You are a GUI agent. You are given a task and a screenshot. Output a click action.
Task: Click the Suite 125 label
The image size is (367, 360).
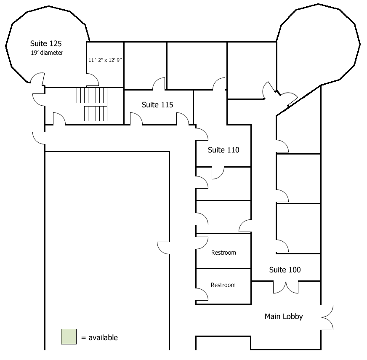coord(46,43)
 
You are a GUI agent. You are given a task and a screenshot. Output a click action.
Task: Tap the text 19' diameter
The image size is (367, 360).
coord(47,53)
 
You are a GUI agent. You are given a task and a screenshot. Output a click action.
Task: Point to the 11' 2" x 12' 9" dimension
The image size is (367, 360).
coord(105,60)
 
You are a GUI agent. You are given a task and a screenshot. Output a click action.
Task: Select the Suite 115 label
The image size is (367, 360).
coord(157,105)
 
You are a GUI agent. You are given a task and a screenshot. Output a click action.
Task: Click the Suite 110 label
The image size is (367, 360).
coord(223,150)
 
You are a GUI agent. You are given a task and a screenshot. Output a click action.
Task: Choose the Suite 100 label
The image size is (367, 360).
coord(285,270)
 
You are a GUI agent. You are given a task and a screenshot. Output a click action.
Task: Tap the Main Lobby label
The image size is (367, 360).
coord(284,317)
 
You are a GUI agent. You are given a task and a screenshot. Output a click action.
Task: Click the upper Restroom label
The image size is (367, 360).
coord(223,253)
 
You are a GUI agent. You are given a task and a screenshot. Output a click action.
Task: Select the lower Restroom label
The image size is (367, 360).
coord(223,285)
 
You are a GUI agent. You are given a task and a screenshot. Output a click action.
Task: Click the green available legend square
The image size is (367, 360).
coord(69,336)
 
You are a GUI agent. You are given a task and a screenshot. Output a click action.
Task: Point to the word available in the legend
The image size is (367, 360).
coord(103,338)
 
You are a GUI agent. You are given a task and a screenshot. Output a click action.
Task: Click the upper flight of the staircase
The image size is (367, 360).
coord(90,95)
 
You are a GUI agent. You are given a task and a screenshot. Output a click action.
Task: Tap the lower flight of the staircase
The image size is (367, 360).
coord(96,114)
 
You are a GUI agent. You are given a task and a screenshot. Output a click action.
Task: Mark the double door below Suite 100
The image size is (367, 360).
coord(286,288)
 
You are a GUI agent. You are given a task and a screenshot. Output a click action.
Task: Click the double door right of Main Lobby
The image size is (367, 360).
coord(327,317)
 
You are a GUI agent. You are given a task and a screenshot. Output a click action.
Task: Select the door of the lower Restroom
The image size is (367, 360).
coord(202,294)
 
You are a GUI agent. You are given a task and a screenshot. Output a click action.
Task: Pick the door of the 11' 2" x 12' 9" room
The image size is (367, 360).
coord(93,80)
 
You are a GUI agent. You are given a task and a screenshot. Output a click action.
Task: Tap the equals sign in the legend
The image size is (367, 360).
coord(84,338)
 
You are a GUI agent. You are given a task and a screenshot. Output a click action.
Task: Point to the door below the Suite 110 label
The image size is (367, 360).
coord(218,173)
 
